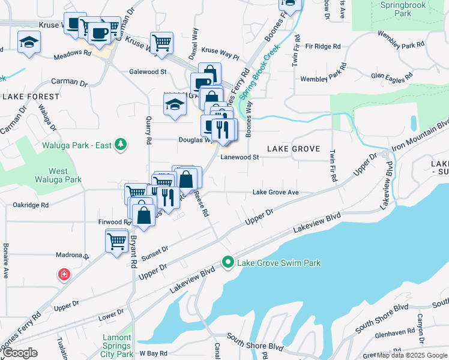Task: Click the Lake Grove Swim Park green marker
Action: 228,262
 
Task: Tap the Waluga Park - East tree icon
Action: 121,144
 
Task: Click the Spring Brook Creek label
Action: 259,76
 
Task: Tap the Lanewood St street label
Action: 239,158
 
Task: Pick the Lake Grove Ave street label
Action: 276,193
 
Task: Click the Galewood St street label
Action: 148,71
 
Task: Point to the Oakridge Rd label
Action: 30,205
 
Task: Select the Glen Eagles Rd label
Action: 392,76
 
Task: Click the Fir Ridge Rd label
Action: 322,46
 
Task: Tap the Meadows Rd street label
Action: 71,53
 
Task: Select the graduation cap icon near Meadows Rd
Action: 29,43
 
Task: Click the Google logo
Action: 20,353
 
